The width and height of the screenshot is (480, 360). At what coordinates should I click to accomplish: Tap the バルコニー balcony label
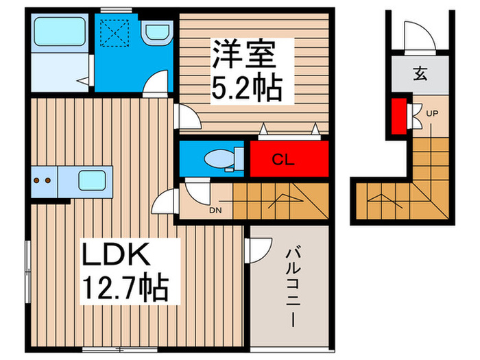pos(291,289)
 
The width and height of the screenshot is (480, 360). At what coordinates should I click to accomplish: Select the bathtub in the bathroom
pos(59,32)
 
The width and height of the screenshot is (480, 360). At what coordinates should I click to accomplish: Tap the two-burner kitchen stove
pos(43,182)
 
